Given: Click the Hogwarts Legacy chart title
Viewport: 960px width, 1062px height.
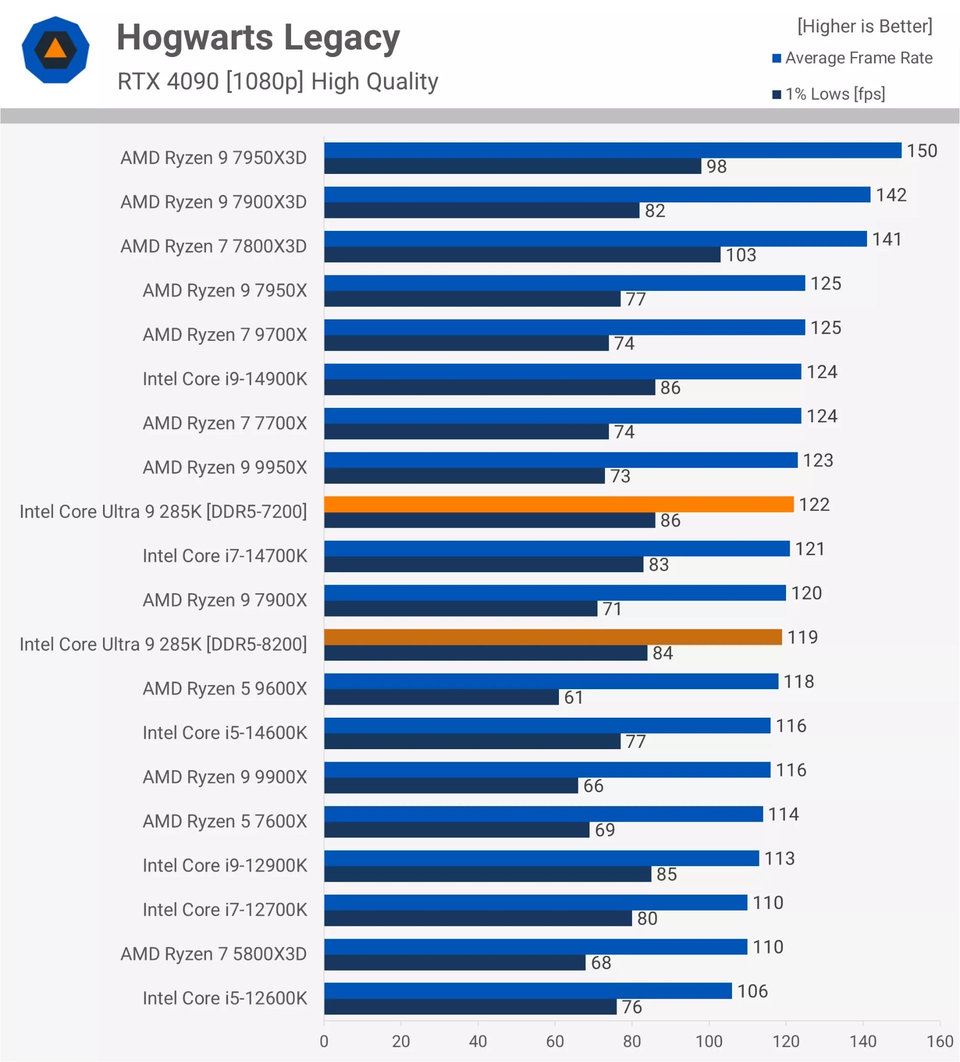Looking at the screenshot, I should coord(258,38).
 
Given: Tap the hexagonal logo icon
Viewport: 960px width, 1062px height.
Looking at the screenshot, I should coord(55,50).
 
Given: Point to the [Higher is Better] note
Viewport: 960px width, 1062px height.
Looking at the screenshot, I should coord(864,26).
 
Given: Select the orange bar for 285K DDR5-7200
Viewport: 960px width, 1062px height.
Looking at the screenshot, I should coord(558,505).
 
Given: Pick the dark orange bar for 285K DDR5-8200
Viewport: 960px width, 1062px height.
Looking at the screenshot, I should coord(552,637).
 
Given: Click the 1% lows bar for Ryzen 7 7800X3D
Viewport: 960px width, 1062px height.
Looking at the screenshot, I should coord(522,255).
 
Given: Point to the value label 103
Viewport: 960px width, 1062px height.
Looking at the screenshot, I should coord(741,255).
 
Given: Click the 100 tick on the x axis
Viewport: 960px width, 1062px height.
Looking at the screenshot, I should coord(708,1042).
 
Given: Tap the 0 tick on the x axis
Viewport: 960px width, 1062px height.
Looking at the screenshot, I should coord(324,1042).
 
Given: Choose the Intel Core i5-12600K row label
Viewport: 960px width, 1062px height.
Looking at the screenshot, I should coord(224,998).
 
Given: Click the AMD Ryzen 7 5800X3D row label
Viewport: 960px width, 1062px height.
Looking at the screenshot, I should coord(213,954).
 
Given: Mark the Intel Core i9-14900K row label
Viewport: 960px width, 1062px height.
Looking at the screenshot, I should coord(224,379).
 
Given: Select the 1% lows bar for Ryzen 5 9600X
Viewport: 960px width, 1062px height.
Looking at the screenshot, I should coord(441,698).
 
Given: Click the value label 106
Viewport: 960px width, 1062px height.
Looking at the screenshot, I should coord(752,992).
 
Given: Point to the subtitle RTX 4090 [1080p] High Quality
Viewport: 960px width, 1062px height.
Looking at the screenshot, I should coord(277,82).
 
